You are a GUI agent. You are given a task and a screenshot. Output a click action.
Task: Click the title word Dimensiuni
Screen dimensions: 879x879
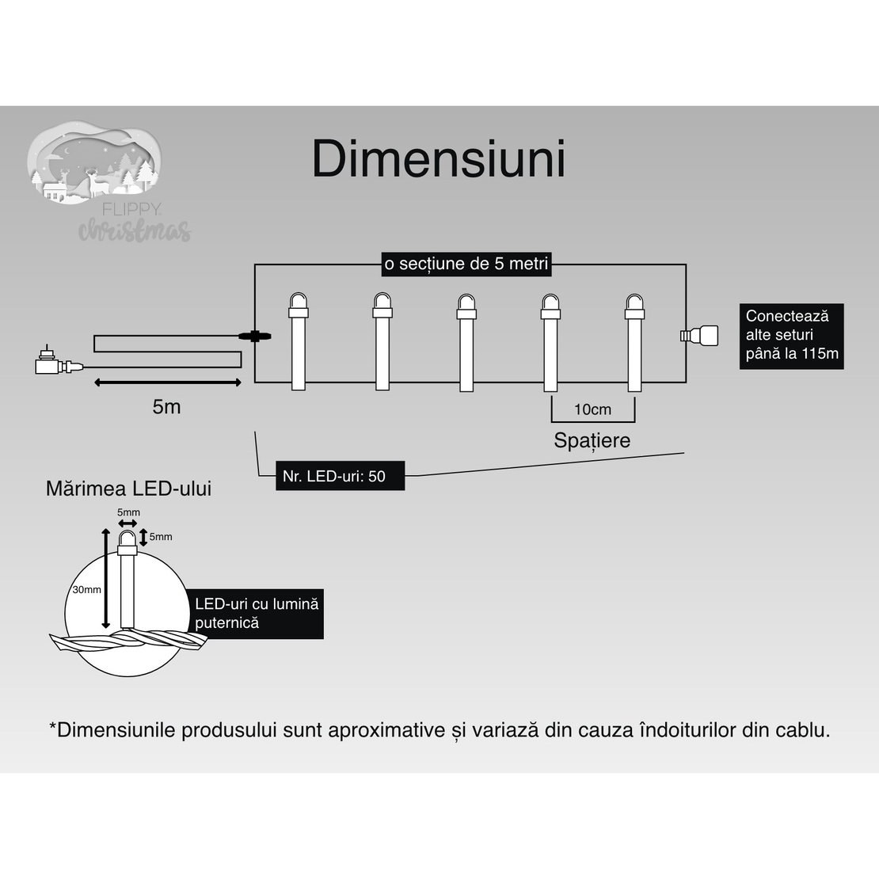pyautogui.click(x=439, y=159)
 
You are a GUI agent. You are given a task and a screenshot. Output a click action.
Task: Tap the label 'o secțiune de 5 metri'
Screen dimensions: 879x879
pyautogui.click(x=466, y=264)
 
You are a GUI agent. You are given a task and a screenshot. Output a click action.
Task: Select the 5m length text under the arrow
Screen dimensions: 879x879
pyautogui.click(x=166, y=407)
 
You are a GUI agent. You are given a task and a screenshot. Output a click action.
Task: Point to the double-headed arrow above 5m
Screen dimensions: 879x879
pyautogui.click(x=167, y=382)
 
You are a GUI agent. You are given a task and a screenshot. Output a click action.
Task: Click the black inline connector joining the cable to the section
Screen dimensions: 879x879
pyautogui.click(x=255, y=336)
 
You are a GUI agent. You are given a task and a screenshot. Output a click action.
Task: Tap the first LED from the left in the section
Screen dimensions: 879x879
pyautogui.click(x=298, y=341)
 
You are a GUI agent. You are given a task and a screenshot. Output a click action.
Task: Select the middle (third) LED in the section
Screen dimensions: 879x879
pyautogui.click(x=466, y=341)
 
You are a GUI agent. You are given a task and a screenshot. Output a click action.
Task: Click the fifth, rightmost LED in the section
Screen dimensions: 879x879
pyautogui.click(x=634, y=341)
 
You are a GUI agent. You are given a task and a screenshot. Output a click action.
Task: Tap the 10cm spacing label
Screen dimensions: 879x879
pyautogui.click(x=592, y=409)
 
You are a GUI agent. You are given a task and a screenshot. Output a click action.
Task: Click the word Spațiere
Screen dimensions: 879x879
pyautogui.click(x=592, y=440)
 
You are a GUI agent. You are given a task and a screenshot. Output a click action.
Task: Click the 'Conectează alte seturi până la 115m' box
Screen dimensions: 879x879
pyautogui.click(x=791, y=335)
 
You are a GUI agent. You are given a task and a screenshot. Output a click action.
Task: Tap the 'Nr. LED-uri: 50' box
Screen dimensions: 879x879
pyautogui.click(x=340, y=476)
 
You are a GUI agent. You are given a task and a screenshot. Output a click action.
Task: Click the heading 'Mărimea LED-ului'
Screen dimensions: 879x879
pyautogui.click(x=128, y=488)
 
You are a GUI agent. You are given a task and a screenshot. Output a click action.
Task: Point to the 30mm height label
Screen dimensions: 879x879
pyautogui.click(x=86, y=590)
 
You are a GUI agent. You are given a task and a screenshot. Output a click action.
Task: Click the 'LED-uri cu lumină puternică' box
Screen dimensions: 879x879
pyautogui.click(x=256, y=613)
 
